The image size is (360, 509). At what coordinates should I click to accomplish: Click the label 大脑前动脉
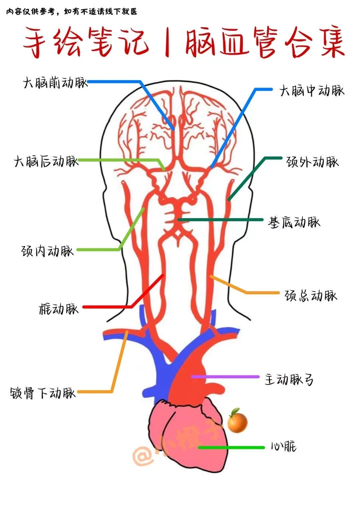pos(55,83)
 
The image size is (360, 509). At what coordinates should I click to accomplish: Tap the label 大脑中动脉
pos(312,91)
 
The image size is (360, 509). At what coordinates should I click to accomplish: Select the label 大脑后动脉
pos(46,162)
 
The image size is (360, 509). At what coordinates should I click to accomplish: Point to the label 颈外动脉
pos(312,162)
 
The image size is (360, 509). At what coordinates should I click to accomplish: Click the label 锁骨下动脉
pos(42,393)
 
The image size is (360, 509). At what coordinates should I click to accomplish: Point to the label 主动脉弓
pos(289,379)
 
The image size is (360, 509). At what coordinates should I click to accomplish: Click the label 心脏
pos(283,447)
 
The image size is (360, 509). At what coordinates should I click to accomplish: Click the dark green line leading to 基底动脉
pos(220,220)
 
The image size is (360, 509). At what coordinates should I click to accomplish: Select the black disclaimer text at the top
pos(71,12)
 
